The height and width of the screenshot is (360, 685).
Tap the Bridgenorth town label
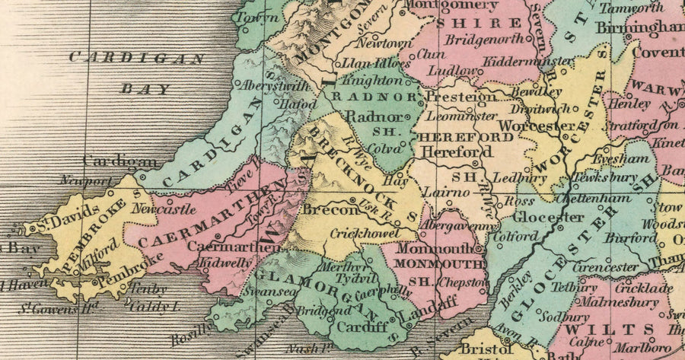click(483, 39)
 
